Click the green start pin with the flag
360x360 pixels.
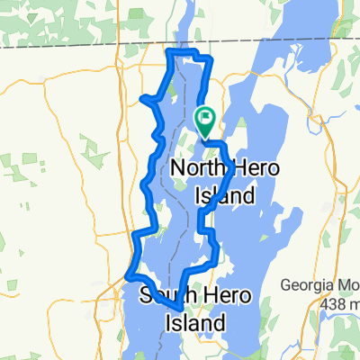pos(204,116)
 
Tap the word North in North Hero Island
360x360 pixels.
pos(197,168)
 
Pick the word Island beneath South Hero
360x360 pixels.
pos(192,319)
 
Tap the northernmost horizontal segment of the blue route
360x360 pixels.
pos(189,55)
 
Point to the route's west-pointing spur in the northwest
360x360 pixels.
pos(145,98)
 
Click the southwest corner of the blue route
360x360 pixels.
pos(127,273)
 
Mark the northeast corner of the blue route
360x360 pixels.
pos(211,59)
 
